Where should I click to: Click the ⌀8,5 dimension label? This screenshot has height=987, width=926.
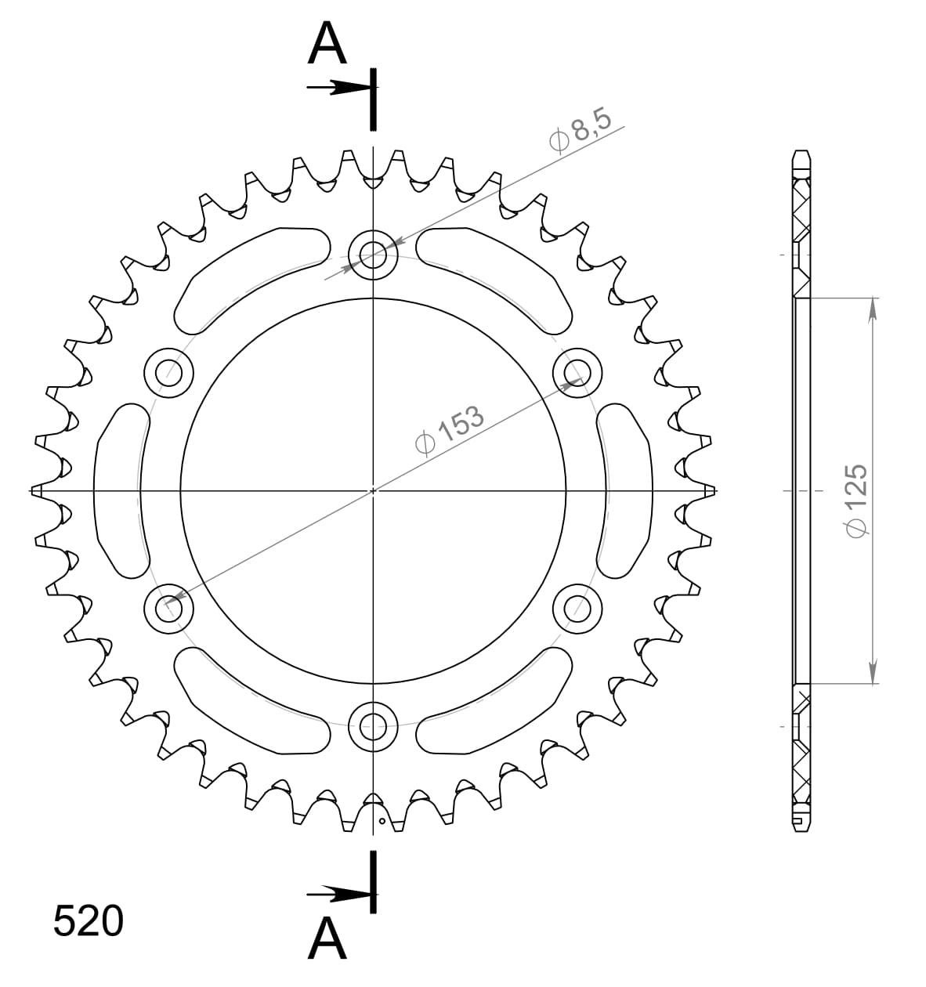click(584, 132)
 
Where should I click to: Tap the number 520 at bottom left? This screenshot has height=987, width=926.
click(88, 921)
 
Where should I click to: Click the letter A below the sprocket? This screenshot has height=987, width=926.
click(327, 938)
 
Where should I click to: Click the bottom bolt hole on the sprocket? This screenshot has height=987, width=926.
click(373, 726)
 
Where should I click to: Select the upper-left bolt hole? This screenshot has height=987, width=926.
click(168, 372)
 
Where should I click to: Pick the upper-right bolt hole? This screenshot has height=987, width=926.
click(577, 372)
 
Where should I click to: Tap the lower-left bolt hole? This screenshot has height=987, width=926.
click(168, 607)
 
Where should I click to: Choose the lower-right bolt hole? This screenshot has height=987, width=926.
click(577, 607)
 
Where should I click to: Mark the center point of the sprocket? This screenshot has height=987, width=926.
click(373, 490)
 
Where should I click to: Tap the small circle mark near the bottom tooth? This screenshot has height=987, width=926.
click(382, 822)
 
